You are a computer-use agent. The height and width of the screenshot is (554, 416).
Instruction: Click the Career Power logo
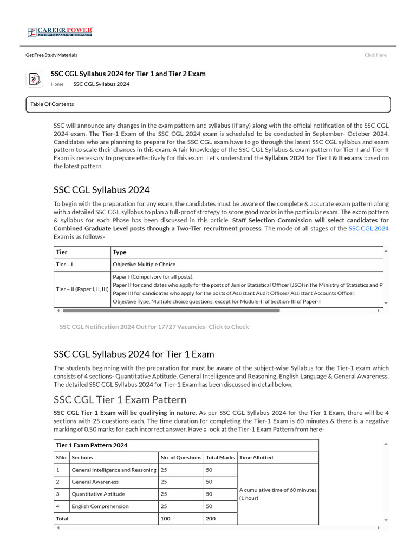point(60,32)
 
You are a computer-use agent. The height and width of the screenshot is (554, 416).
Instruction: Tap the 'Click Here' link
point(375,55)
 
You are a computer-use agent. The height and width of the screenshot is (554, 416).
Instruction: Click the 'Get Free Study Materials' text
point(51,55)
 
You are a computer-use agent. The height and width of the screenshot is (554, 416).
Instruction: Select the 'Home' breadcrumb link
point(57,84)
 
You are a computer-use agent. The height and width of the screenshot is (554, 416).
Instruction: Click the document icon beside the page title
point(34,79)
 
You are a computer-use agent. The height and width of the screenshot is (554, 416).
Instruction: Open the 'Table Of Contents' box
point(208,104)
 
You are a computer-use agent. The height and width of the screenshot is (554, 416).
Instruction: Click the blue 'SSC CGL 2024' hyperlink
point(368,229)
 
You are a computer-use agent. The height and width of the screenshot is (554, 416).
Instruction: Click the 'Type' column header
point(120,252)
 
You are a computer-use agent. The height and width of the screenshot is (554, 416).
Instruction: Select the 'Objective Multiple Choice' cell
point(144,265)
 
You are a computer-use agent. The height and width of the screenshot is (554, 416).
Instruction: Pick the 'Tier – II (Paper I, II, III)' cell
point(82,289)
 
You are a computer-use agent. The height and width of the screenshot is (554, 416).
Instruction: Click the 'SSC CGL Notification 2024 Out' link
point(154,327)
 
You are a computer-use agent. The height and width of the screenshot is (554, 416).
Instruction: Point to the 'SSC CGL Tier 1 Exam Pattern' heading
point(120,400)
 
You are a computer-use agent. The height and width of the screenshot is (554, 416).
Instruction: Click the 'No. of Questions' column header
point(181,457)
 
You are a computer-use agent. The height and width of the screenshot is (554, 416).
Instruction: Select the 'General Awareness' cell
point(95,482)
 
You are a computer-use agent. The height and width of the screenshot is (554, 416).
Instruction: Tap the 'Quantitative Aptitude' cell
point(98,494)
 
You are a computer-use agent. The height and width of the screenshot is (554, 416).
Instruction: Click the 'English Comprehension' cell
point(100,506)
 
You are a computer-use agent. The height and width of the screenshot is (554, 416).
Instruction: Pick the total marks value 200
point(210,518)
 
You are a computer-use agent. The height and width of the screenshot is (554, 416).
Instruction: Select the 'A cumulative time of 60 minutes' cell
point(278,493)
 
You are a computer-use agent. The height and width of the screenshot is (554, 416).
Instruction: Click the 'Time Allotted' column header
point(256,457)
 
